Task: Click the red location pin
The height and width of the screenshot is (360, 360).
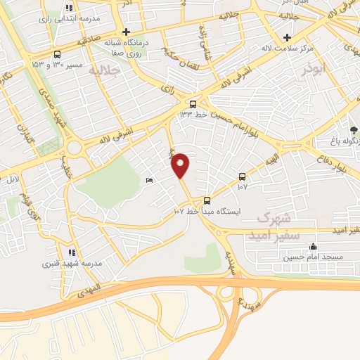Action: pyautogui.click(x=181, y=165)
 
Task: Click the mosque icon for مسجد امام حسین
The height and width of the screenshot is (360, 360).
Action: pyautogui.click(x=312, y=247)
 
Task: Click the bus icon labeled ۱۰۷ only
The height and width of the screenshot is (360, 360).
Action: pyautogui.click(x=243, y=176)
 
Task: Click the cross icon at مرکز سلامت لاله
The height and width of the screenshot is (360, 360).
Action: pyautogui.click(x=287, y=37)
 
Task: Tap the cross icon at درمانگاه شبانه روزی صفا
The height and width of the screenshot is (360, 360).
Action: pyautogui.click(x=126, y=32)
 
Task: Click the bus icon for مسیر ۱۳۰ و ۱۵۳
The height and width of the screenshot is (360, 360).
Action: pyautogui.click(x=56, y=54)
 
